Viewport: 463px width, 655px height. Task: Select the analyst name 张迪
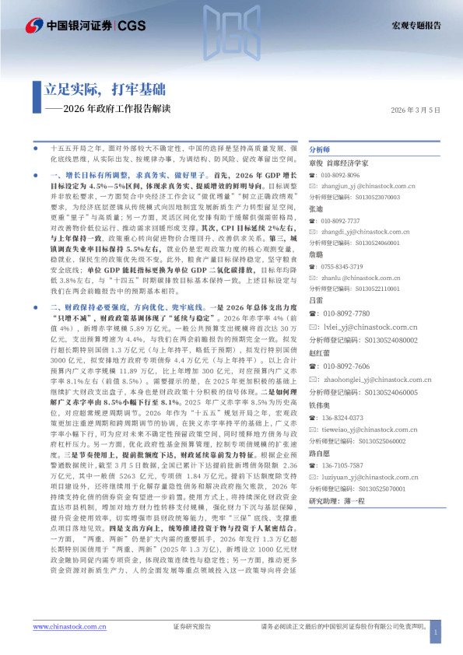click(x=316, y=209)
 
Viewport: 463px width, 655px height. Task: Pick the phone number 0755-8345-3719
click(x=341, y=266)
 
